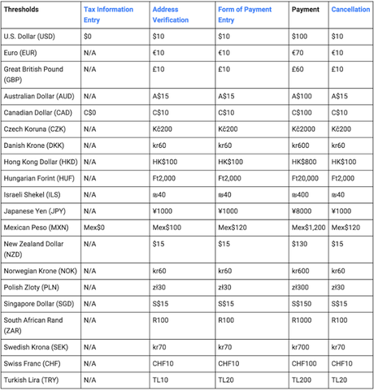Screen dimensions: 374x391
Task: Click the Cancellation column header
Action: pos(350,9)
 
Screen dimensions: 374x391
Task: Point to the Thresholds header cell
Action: pos(23,9)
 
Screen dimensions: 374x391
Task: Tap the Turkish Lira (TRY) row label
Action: pos(33,380)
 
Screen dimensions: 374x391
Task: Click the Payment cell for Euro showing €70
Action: pos(300,52)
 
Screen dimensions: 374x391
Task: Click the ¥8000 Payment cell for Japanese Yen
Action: pos(304,211)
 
